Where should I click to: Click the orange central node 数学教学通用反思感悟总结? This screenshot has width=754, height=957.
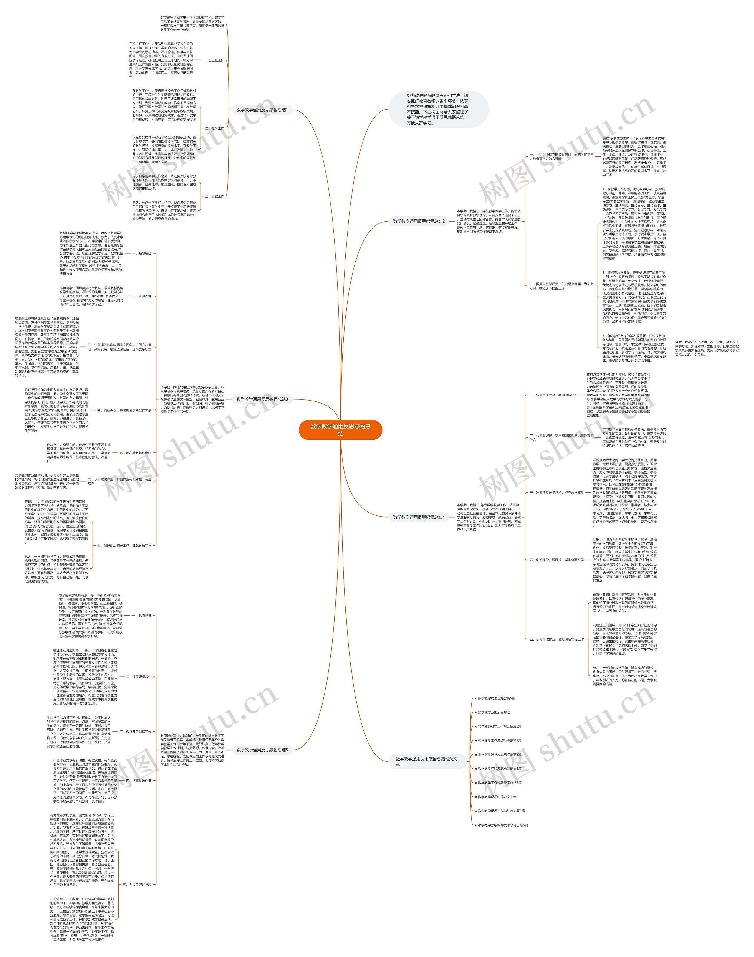click(340, 429)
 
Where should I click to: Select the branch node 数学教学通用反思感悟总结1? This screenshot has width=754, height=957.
click(262, 110)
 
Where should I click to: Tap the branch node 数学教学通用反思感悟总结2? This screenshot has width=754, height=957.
click(419, 221)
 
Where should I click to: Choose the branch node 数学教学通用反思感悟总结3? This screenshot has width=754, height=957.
click(262, 399)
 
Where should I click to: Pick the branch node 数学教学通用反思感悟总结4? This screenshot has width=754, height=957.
click(419, 517)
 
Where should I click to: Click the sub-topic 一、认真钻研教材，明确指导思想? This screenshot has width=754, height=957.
click(554, 395)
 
